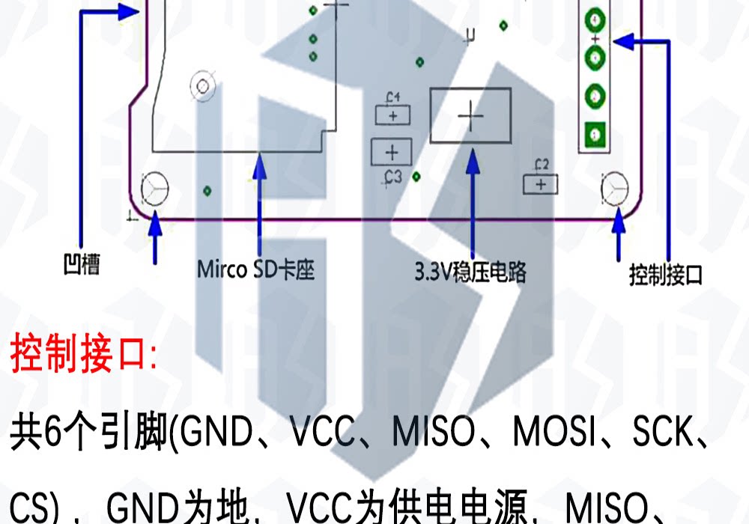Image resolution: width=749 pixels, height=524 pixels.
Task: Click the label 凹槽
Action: pyautogui.click(x=82, y=266)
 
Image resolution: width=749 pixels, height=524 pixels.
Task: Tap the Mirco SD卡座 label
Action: pyautogui.click(x=255, y=269)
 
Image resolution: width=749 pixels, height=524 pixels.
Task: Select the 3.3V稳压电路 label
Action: pyautogui.click(x=470, y=272)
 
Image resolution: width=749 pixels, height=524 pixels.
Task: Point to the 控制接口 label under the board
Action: pyautogui.click(x=666, y=276)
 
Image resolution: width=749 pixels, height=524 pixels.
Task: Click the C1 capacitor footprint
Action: pyautogui.click(x=393, y=115)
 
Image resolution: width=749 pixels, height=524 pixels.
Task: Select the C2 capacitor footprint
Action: pyautogui.click(x=542, y=183)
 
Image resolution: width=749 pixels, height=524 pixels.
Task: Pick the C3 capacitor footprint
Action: pyautogui.click(x=391, y=152)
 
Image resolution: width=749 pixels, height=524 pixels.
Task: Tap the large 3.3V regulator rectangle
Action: pyautogui.click(x=470, y=116)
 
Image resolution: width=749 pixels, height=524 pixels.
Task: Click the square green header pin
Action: pyautogui.click(x=595, y=135)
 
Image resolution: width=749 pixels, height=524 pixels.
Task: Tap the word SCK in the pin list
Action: pyautogui.click(x=663, y=435)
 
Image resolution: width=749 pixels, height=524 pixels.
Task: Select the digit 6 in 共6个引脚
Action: pyautogui.click(x=49, y=435)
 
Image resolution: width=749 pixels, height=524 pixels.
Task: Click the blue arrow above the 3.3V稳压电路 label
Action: pyautogui.click(x=473, y=202)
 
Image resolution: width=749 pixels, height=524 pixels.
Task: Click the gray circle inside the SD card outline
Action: pyautogui.click(x=202, y=87)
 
